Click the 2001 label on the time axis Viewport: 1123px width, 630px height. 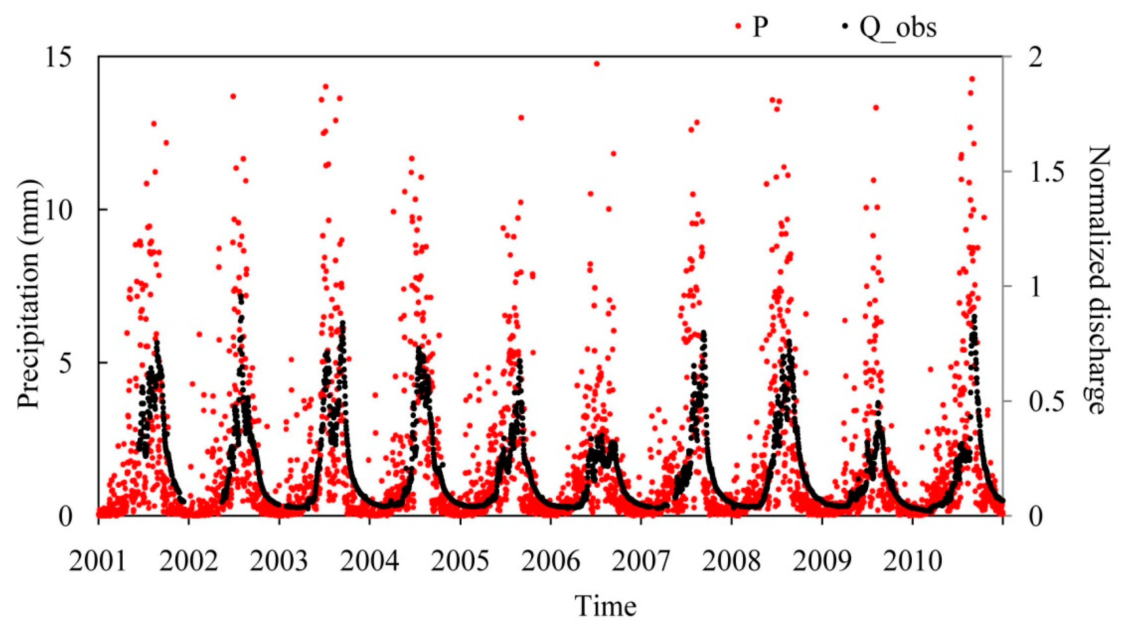(x=98, y=562)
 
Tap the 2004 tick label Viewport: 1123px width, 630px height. (x=370, y=562)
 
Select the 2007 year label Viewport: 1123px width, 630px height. (x=641, y=562)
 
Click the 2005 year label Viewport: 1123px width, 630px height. (x=460, y=562)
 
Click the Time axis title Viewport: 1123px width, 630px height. (x=606, y=606)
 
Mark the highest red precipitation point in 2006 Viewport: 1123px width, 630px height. (x=597, y=64)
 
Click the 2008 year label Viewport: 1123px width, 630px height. (x=732, y=562)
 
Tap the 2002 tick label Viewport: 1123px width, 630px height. (x=188, y=562)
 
